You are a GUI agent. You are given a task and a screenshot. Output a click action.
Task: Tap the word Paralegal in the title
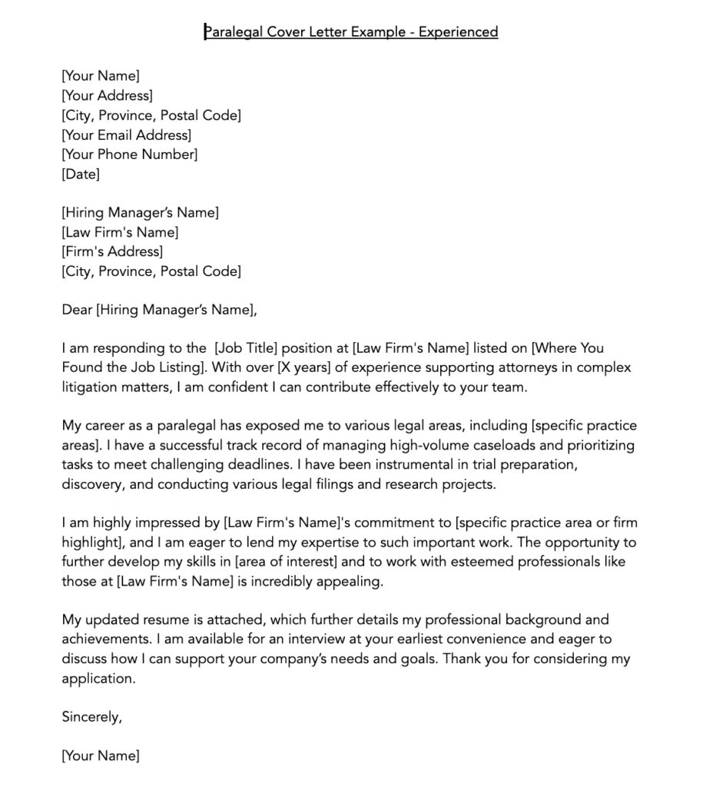(x=234, y=32)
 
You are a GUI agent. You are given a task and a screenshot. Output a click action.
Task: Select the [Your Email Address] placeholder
(x=126, y=135)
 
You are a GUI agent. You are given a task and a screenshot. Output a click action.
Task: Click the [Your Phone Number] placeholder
(x=129, y=154)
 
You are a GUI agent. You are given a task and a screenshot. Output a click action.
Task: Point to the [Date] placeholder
(x=81, y=174)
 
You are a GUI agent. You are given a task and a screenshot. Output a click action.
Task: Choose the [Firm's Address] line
(x=112, y=251)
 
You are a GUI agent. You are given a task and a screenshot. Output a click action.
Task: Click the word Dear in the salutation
(x=77, y=310)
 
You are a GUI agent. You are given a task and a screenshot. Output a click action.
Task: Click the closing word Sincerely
(x=91, y=717)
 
